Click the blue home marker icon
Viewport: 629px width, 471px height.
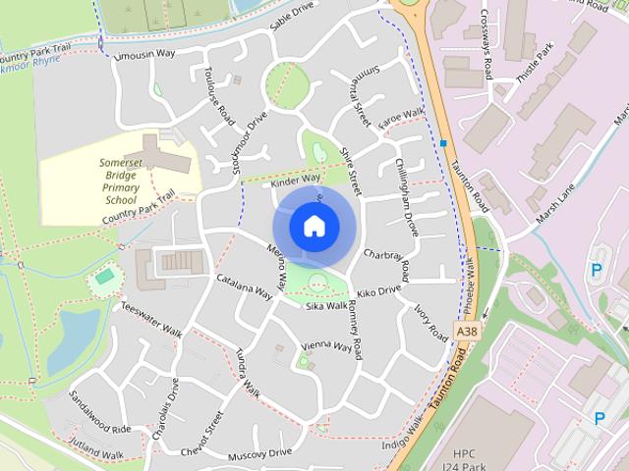[314, 226]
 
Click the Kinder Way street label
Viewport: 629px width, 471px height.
[295, 181]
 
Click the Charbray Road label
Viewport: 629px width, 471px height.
[386, 264]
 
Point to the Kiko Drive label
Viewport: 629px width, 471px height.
[379, 292]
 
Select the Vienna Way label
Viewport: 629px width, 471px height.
[326, 346]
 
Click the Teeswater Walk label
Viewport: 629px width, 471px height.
[151, 315]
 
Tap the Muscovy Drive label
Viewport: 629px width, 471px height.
[260, 453]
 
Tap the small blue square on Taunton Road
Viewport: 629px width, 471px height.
[444, 143]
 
